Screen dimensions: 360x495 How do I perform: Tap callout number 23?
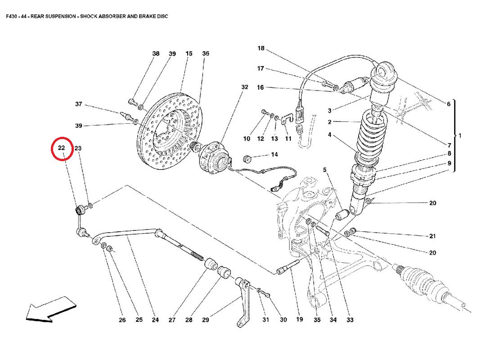point(78,148)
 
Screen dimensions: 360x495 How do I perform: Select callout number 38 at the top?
point(156,54)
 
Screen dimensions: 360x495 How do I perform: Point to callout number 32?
point(244,87)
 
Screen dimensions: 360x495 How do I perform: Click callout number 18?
point(261,48)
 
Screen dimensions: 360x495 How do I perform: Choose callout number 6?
point(448,104)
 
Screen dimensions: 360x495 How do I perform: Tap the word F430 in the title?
point(13,16)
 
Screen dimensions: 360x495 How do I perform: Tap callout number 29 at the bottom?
point(205,320)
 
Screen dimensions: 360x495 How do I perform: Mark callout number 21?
point(432,236)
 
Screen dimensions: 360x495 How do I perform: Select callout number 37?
point(78,104)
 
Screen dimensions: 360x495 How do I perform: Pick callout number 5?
point(324,170)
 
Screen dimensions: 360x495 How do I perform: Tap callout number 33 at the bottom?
point(350,320)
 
